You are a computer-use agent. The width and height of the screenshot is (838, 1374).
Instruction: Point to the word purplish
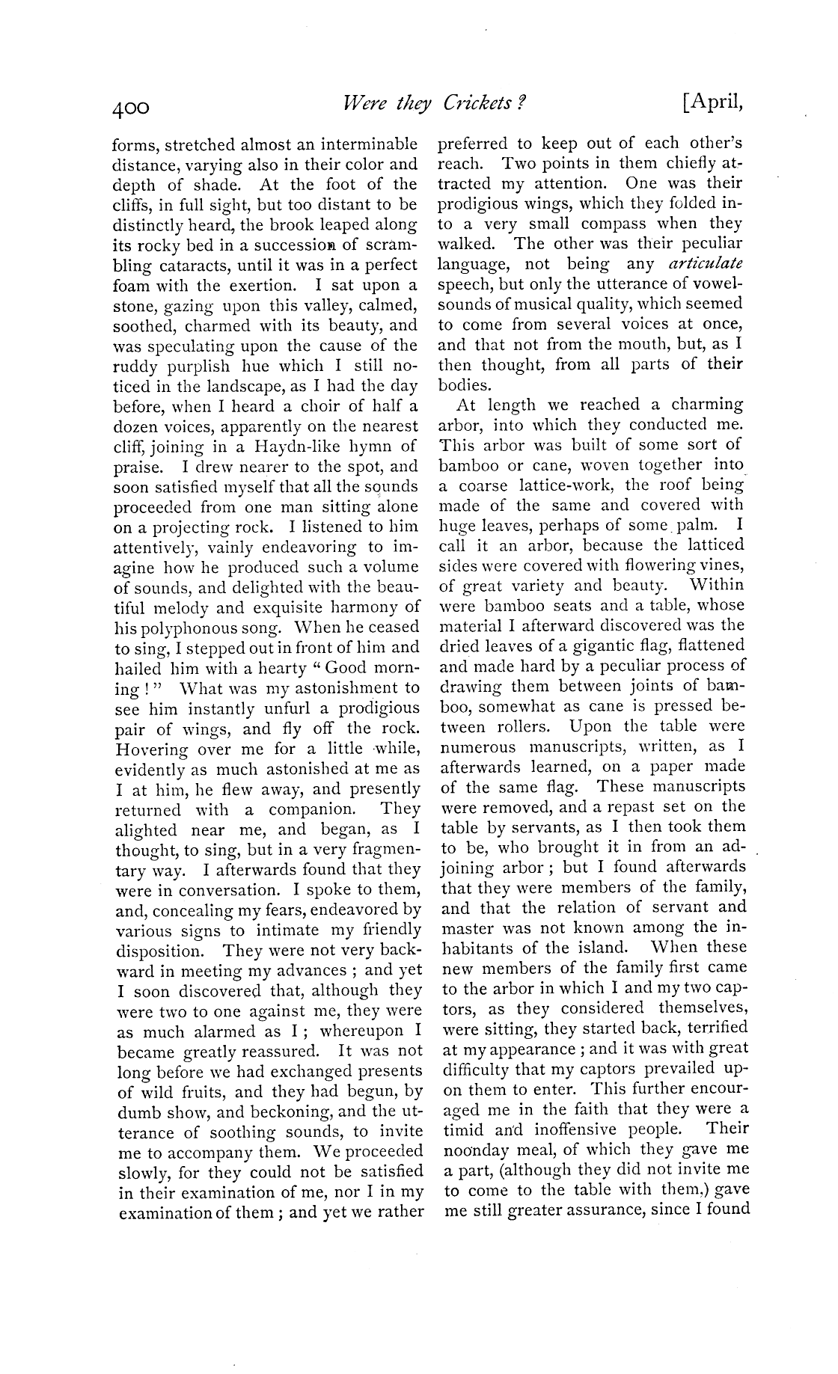coord(197,366)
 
